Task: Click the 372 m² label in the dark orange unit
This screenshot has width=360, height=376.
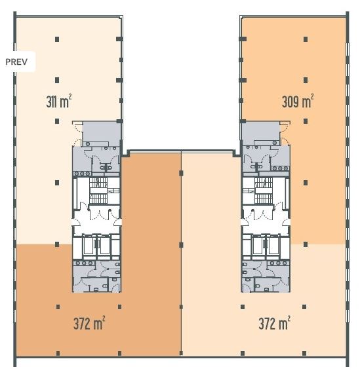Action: pyautogui.click(x=89, y=323)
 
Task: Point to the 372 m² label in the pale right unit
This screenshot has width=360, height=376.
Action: pyautogui.click(x=274, y=323)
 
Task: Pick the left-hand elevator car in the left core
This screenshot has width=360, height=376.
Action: pyautogui.click(x=89, y=244)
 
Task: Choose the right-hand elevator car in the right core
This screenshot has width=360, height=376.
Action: pyautogui.click(x=273, y=244)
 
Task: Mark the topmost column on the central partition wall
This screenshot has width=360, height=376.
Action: pyautogui.click(x=181, y=173)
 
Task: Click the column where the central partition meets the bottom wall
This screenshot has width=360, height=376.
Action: pyautogui.click(x=181, y=352)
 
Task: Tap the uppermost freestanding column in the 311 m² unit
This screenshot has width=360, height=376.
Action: pyautogui.click(x=57, y=39)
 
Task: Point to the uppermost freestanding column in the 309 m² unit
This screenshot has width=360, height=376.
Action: pyautogui.click(x=306, y=39)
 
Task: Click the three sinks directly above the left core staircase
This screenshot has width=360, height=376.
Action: pyautogui.click(x=83, y=174)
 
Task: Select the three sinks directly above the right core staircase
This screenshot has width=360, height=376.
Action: pyautogui.click(x=280, y=168)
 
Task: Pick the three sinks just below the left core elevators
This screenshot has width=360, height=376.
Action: pyautogui.click(x=84, y=263)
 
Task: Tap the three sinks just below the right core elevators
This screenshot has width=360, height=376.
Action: pyautogui.click(x=279, y=263)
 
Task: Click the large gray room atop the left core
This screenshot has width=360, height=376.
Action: pyautogui.click(x=101, y=132)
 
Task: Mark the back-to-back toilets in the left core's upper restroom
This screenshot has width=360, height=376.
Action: pyautogui.click(x=106, y=167)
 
